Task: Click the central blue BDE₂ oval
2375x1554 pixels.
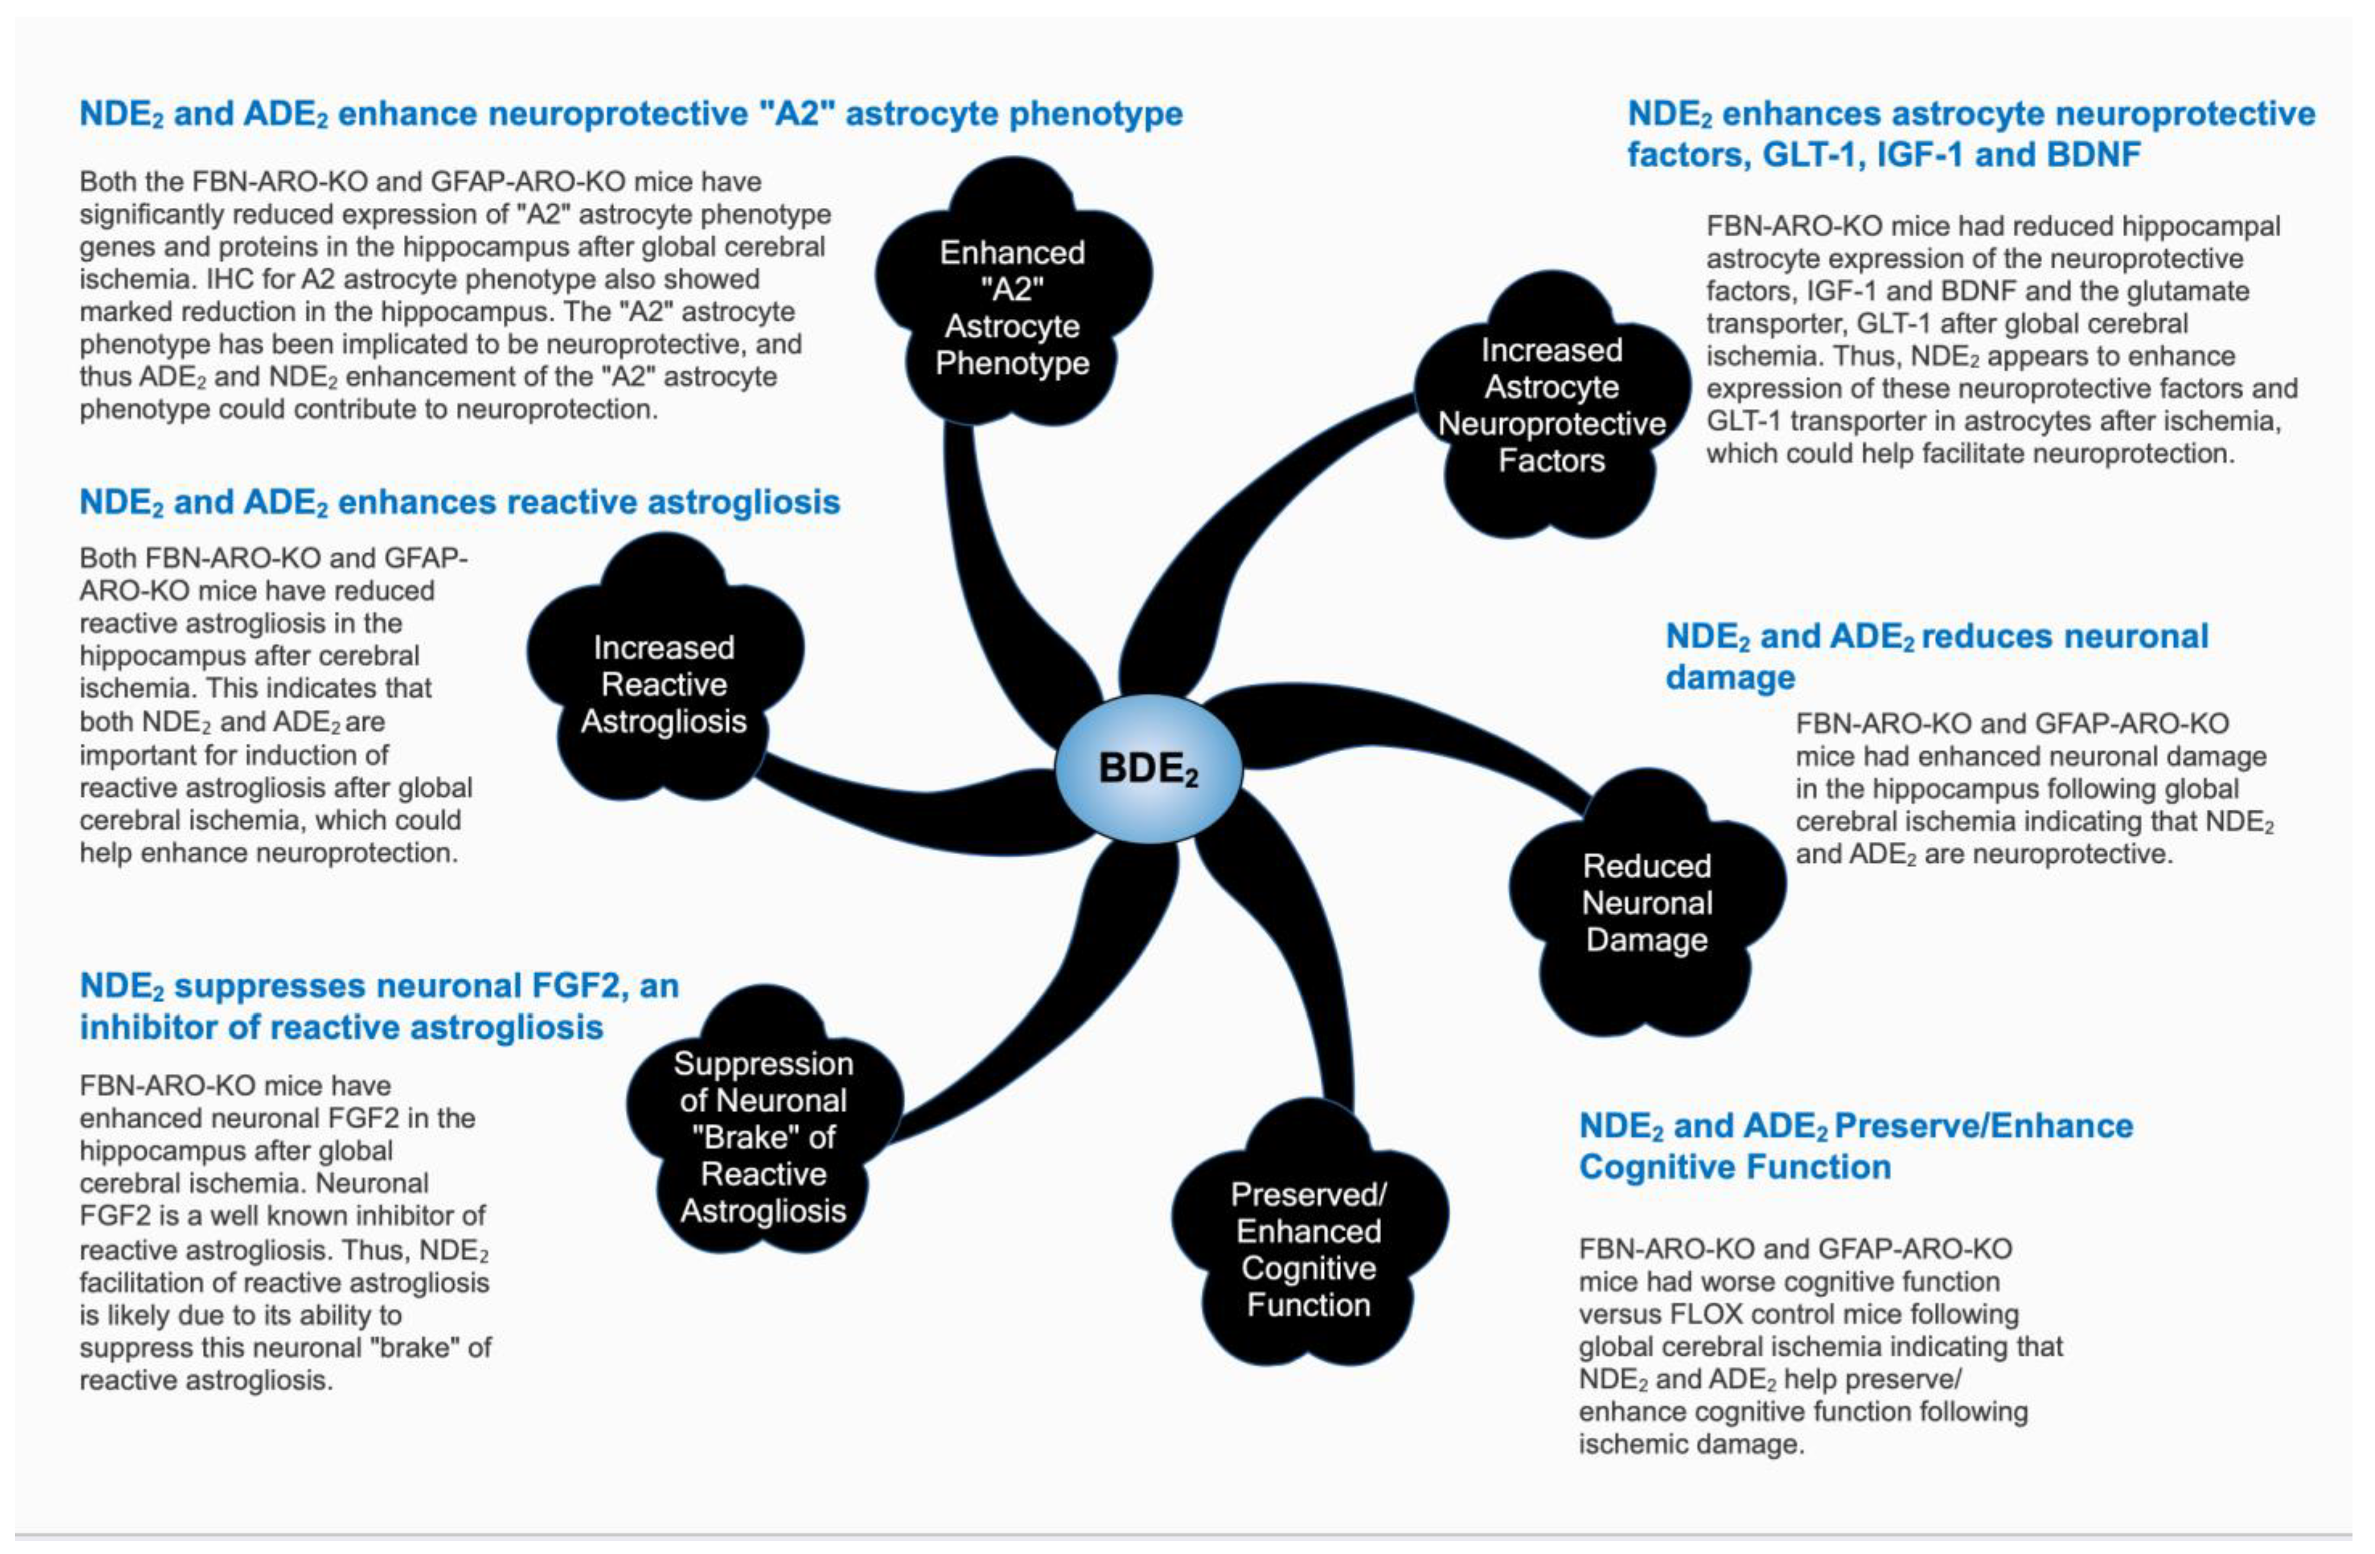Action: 1148,768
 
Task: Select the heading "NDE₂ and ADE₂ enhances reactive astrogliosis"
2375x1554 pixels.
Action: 459,502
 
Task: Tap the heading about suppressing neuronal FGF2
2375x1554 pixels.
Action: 379,1006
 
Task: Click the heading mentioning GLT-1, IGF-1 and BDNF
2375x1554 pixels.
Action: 1971,134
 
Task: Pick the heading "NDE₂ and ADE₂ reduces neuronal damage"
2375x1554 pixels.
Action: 1936,656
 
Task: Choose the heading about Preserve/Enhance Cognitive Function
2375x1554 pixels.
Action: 1856,1146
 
